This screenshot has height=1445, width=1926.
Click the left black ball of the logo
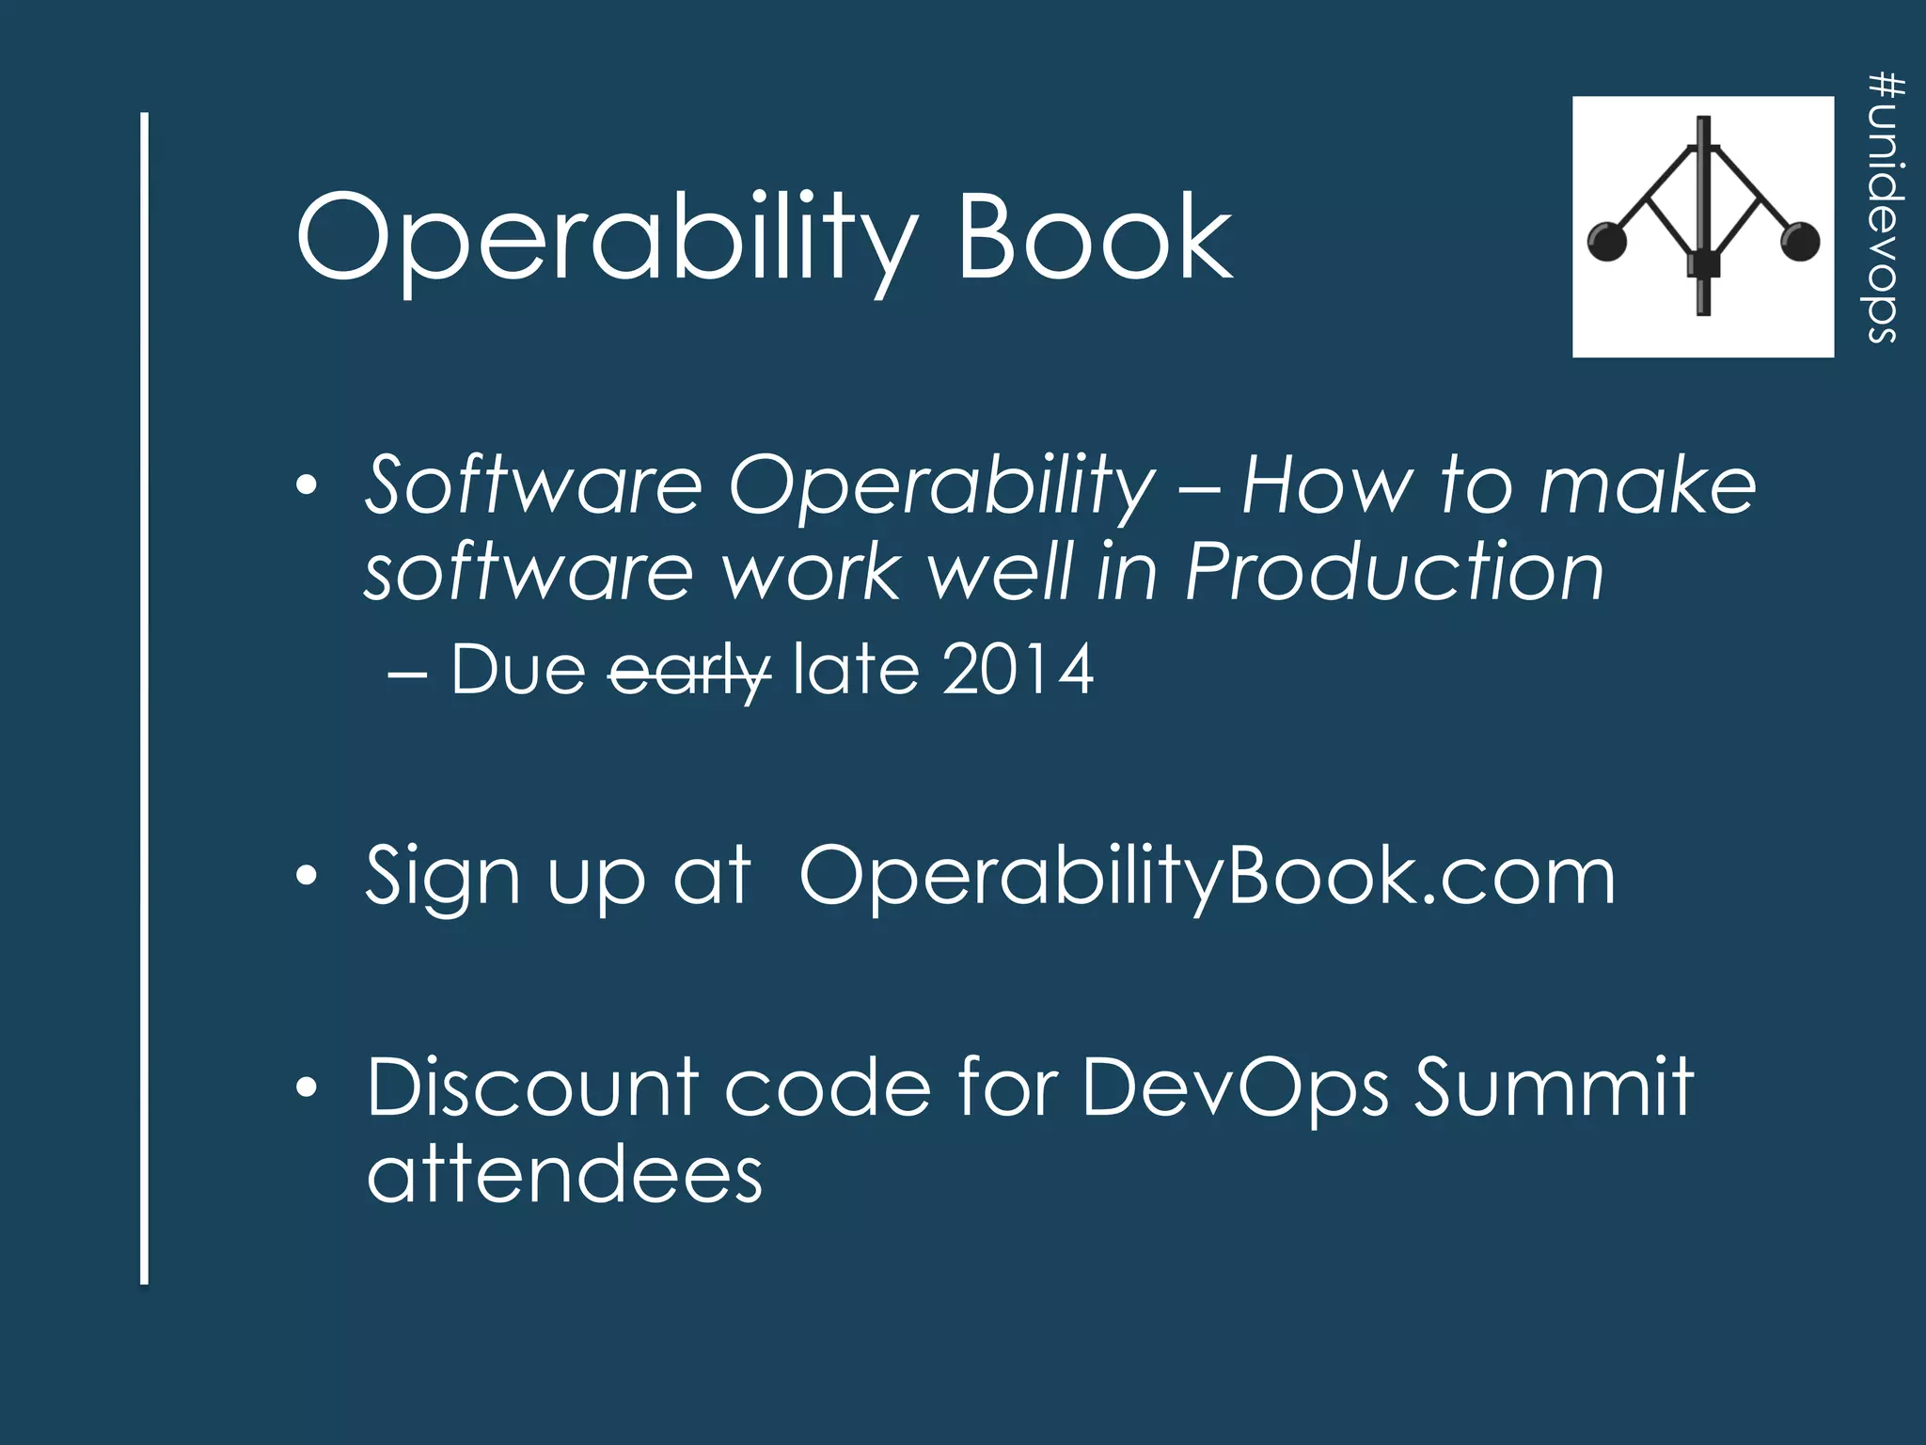coord(1606,242)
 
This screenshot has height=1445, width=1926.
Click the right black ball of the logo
coord(1800,242)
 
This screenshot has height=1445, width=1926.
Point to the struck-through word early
coord(689,672)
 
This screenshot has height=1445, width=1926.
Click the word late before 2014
coord(856,670)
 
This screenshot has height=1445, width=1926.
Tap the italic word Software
coord(533,485)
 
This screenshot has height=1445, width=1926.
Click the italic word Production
coord(1394,572)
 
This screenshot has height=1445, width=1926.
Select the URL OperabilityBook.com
coord(1207,877)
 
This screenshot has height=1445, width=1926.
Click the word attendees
coord(564,1176)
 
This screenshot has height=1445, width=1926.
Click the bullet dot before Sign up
coord(306,877)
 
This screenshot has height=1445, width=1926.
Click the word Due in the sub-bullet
coord(518,670)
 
